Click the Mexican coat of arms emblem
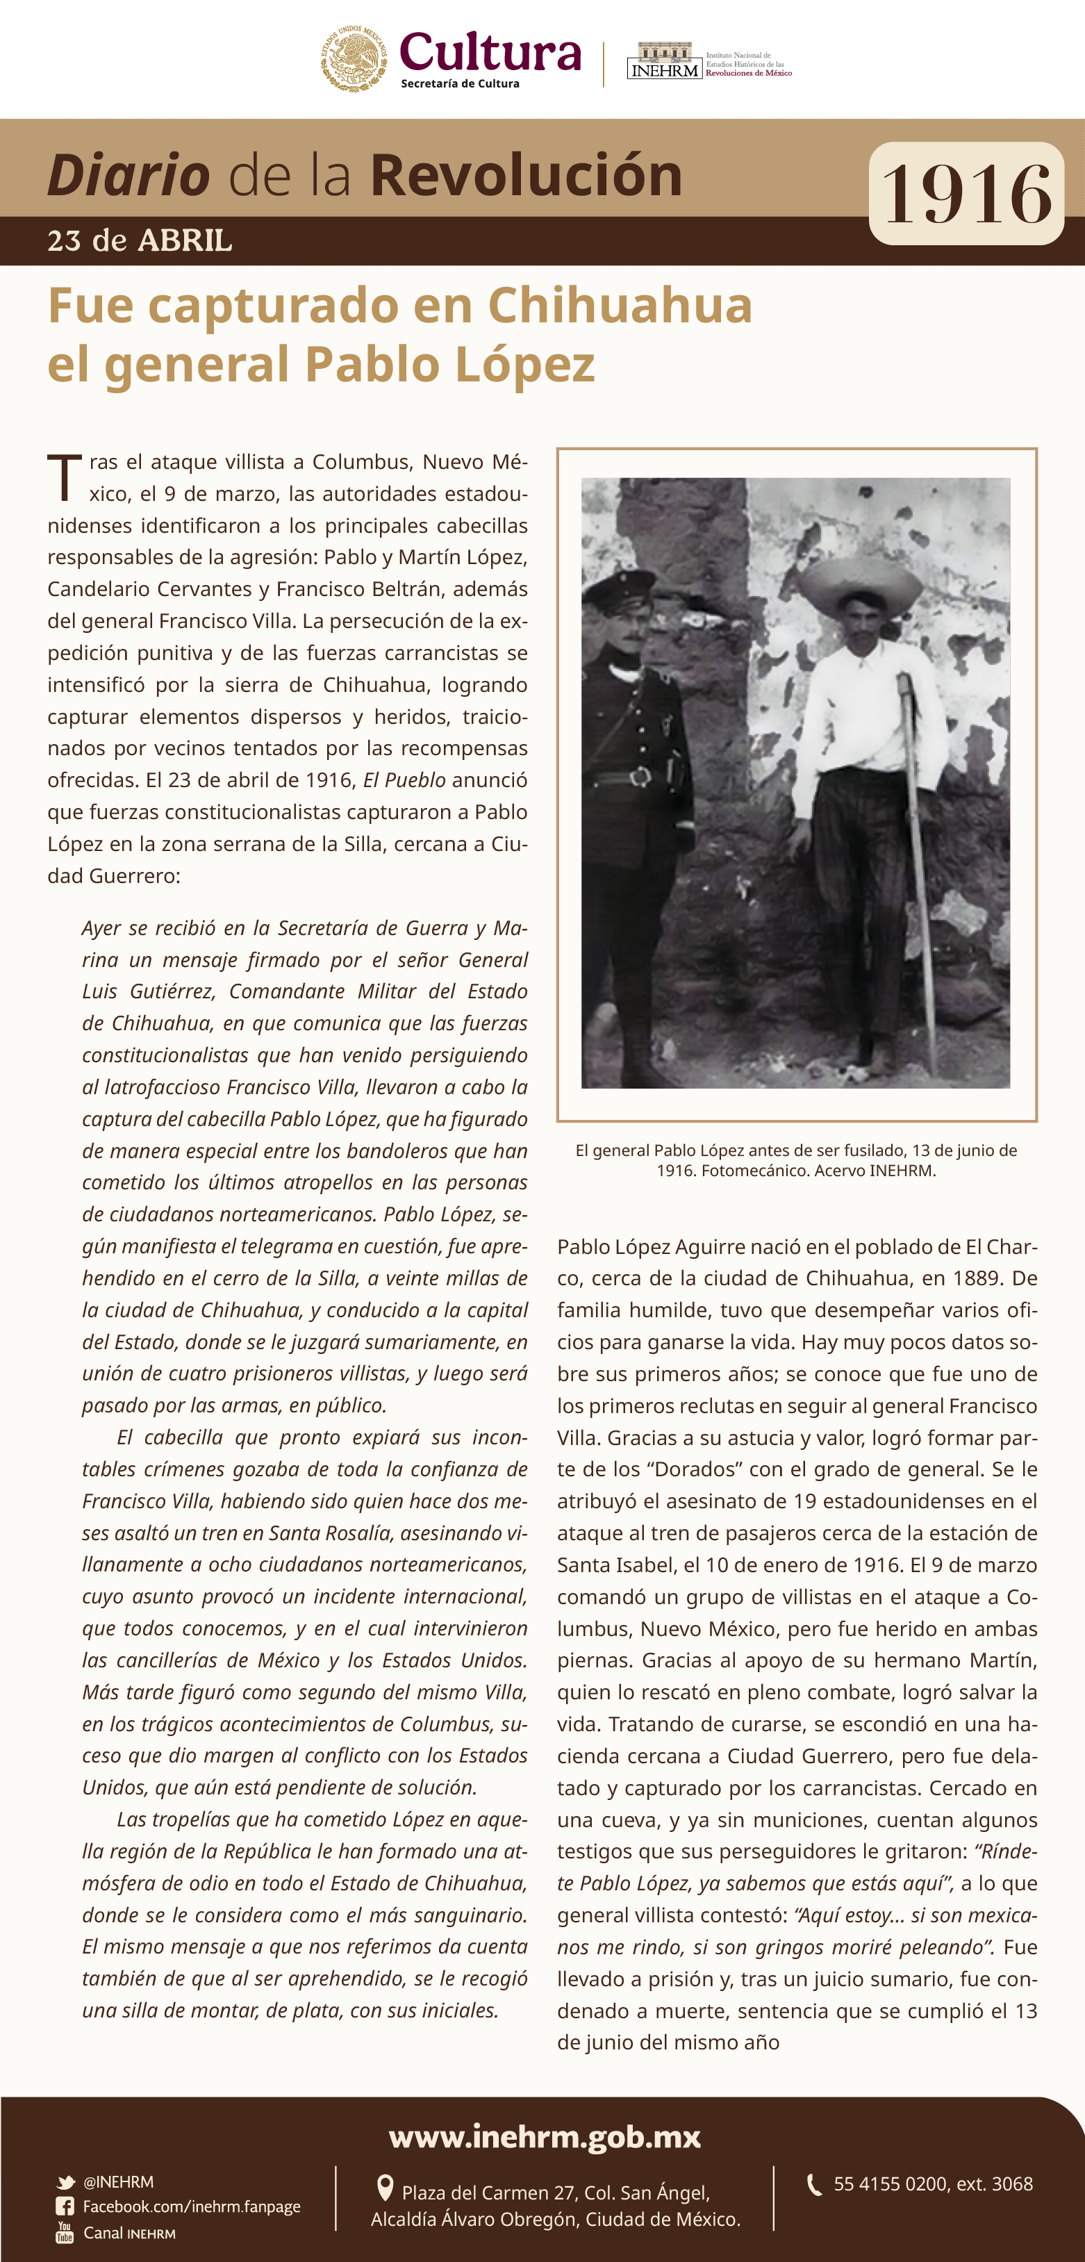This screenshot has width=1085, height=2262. (x=353, y=59)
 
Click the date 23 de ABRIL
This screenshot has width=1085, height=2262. (x=140, y=240)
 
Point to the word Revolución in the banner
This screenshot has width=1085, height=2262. (x=526, y=175)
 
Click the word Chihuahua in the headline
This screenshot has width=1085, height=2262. (x=620, y=306)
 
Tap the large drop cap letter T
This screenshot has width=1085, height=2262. (x=64, y=478)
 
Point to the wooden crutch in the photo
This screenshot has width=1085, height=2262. (x=916, y=843)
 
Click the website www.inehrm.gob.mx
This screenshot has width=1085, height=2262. (x=545, y=2136)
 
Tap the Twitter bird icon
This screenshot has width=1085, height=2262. (x=65, y=2182)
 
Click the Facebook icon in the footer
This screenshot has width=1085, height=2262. (x=65, y=2206)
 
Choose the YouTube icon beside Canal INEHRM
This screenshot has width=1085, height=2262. (x=65, y=2232)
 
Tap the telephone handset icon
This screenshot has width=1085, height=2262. (x=814, y=2185)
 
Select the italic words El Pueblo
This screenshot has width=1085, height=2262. (x=404, y=779)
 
